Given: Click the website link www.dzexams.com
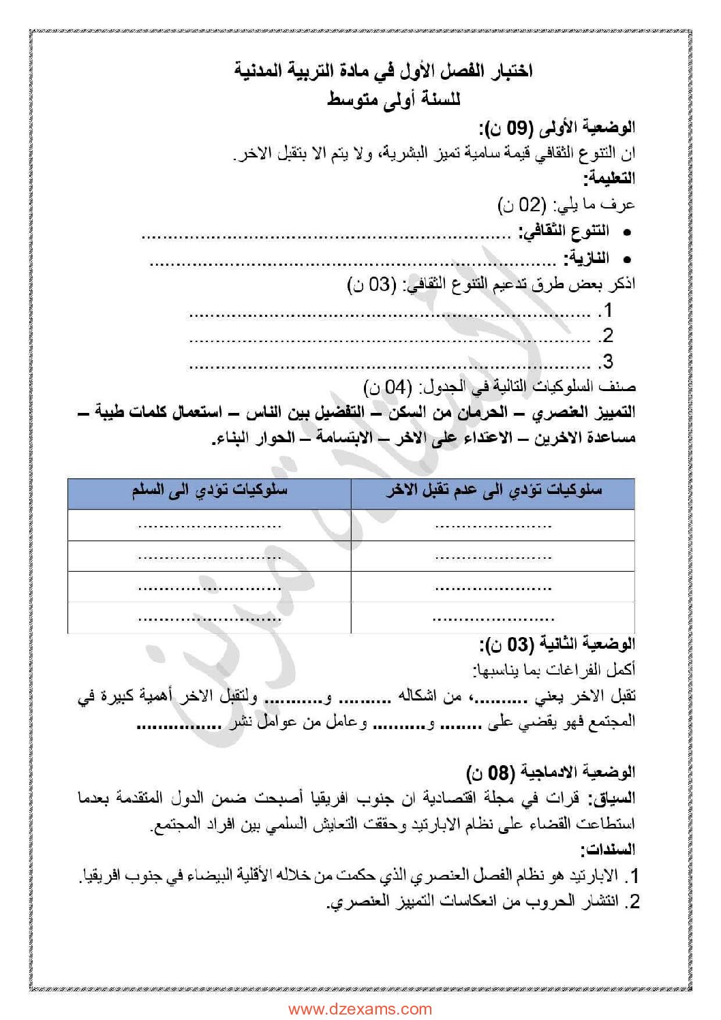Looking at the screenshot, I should point(360,1009).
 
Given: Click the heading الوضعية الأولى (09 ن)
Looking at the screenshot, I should point(557,127).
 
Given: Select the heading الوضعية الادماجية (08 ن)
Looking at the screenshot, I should point(551,772).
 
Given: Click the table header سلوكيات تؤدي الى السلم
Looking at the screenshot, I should point(209,491).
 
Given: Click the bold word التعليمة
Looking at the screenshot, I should point(609,179).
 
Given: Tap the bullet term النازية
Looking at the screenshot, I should point(587,259).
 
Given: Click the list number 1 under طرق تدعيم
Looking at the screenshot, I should point(607,311).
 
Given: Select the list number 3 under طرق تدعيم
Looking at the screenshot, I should point(607,361).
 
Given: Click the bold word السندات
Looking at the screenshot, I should point(609,850).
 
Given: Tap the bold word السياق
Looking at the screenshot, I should point(615,798).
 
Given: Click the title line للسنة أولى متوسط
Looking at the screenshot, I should point(394,99).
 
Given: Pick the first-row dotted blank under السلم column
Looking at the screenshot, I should point(209,525).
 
